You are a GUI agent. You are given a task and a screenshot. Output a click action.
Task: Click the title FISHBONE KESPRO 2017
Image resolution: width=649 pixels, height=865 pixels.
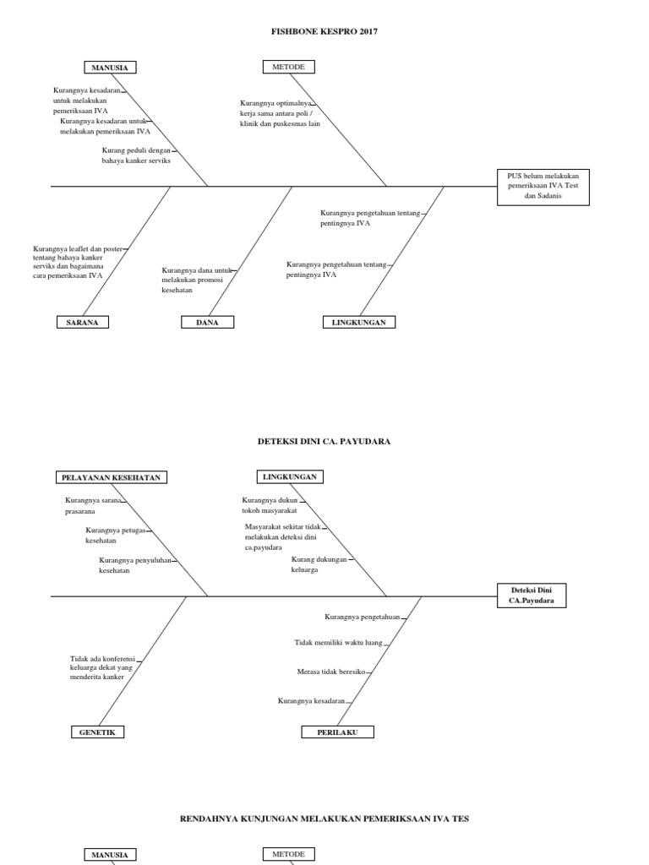(x=324, y=31)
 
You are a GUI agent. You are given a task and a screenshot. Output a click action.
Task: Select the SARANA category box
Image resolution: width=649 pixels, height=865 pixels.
(x=83, y=322)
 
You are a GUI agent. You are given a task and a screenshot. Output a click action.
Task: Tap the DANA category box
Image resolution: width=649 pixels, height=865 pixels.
(x=207, y=322)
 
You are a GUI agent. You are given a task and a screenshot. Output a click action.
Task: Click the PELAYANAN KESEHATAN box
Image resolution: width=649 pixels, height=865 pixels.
(x=112, y=477)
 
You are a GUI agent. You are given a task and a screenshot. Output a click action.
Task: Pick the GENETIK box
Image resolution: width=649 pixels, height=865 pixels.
(x=97, y=732)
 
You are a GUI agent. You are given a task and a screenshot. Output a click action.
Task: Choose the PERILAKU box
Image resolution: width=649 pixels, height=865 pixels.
(x=337, y=732)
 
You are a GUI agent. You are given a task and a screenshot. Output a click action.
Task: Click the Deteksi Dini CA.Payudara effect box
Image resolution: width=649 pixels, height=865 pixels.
(x=531, y=595)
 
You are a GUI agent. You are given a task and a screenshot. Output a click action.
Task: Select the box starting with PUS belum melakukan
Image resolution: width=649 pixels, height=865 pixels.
(x=543, y=186)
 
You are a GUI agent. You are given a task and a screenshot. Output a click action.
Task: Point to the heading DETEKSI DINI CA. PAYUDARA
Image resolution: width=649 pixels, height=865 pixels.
(x=324, y=441)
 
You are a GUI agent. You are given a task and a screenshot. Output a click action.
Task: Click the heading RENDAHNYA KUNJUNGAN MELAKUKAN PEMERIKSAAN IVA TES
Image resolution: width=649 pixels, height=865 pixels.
(x=324, y=819)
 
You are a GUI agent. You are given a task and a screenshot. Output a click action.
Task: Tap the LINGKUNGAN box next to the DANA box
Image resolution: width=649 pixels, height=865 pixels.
(x=358, y=322)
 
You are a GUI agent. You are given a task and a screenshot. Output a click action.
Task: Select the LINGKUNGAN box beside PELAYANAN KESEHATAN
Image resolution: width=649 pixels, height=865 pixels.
(x=289, y=476)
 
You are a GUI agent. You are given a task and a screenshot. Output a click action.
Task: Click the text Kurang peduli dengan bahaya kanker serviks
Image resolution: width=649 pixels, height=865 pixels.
(x=135, y=155)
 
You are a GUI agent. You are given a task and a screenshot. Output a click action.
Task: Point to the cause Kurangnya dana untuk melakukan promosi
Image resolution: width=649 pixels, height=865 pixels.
(x=196, y=280)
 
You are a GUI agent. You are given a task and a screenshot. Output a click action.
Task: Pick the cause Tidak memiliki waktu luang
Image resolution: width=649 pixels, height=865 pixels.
(x=338, y=643)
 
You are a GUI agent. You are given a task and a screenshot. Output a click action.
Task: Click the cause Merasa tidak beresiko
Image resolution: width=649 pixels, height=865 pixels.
(x=330, y=672)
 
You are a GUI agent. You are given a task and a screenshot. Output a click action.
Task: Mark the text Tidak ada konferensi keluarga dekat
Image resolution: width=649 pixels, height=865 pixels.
(x=101, y=666)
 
